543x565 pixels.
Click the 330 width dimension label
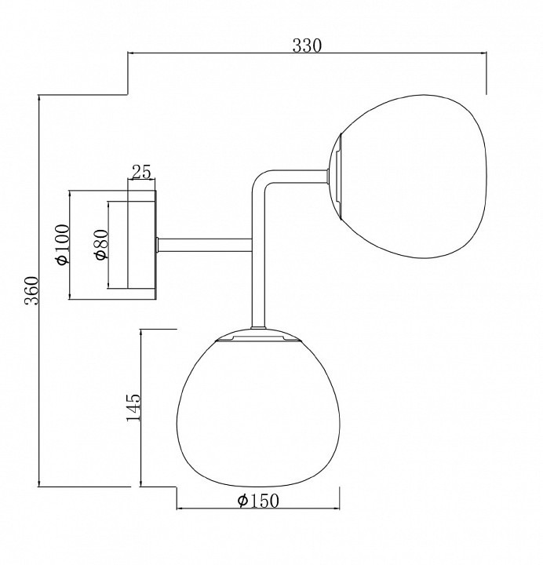pyautogui.click(x=306, y=46)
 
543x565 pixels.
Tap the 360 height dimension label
pyautogui.click(x=31, y=290)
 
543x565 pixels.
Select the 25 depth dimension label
pyautogui.click(x=141, y=172)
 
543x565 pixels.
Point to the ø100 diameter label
pyautogui.click(x=62, y=244)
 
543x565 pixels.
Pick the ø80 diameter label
pyautogui.click(x=101, y=245)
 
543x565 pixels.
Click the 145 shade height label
pyautogui.click(x=133, y=407)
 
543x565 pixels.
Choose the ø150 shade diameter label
pyautogui.click(x=258, y=501)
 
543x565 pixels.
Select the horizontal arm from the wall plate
pyautogui.click(x=205, y=245)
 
